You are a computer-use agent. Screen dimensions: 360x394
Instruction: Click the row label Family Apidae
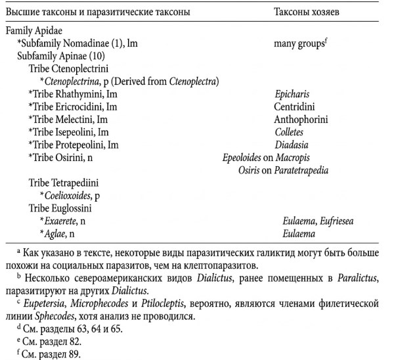pyautogui.click(x=34, y=30)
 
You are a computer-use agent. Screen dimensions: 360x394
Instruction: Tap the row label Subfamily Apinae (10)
pyautogui.click(x=58, y=55)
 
